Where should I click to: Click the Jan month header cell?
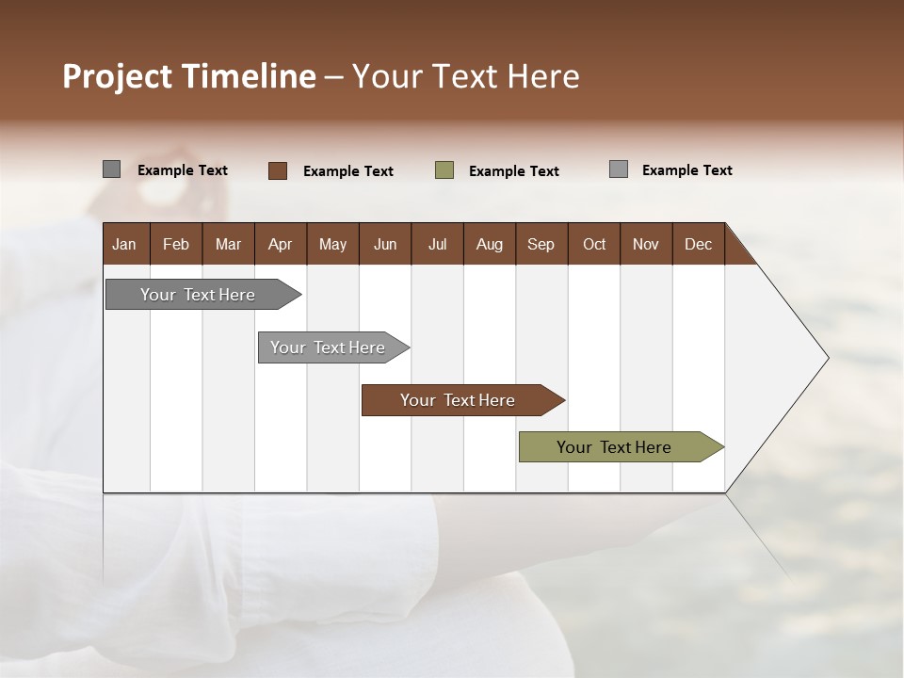click(x=124, y=244)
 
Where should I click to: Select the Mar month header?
click(x=228, y=244)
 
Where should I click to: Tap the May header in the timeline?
click(x=332, y=244)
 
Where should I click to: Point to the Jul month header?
click(x=437, y=244)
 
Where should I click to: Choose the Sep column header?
click(x=541, y=244)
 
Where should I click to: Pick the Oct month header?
click(x=594, y=244)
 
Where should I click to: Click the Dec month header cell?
click(x=698, y=244)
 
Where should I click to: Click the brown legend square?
click(x=278, y=170)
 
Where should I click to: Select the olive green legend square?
click(x=444, y=170)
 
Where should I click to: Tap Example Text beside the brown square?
click(x=347, y=171)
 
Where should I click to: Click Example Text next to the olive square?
click(x=513, y=171)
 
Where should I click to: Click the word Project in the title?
click(x=118, y=77)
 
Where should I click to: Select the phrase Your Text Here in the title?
click(x=465, y=76)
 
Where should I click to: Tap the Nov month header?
click(x=646, y=244)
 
